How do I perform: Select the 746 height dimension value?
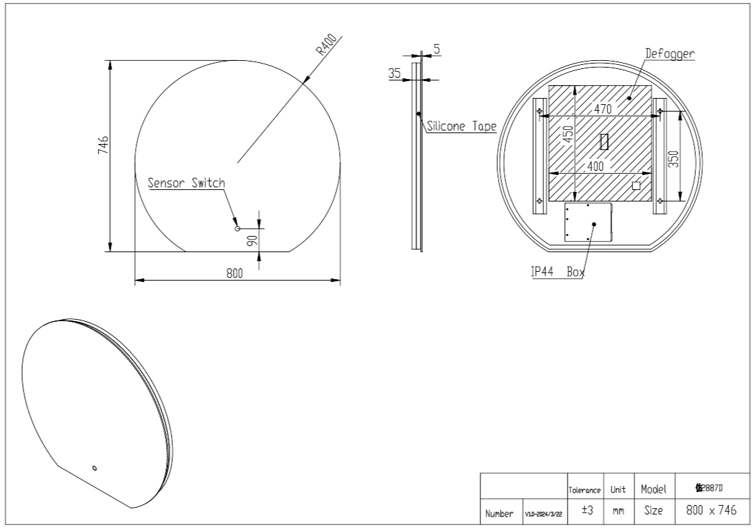(103, 144)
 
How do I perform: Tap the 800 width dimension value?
(234, 273)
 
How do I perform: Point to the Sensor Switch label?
(186, 183)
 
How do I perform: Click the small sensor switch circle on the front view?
(237, 229)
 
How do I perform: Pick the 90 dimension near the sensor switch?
(251, 241)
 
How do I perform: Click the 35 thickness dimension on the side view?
(395, 73)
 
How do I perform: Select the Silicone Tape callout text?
(462, 126)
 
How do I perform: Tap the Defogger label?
(670, 53)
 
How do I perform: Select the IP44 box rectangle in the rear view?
(588, 222)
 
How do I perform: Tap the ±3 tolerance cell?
(586, 512)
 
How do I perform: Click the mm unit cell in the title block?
(618, 512)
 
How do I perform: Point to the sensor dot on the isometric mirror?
(94, 467)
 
